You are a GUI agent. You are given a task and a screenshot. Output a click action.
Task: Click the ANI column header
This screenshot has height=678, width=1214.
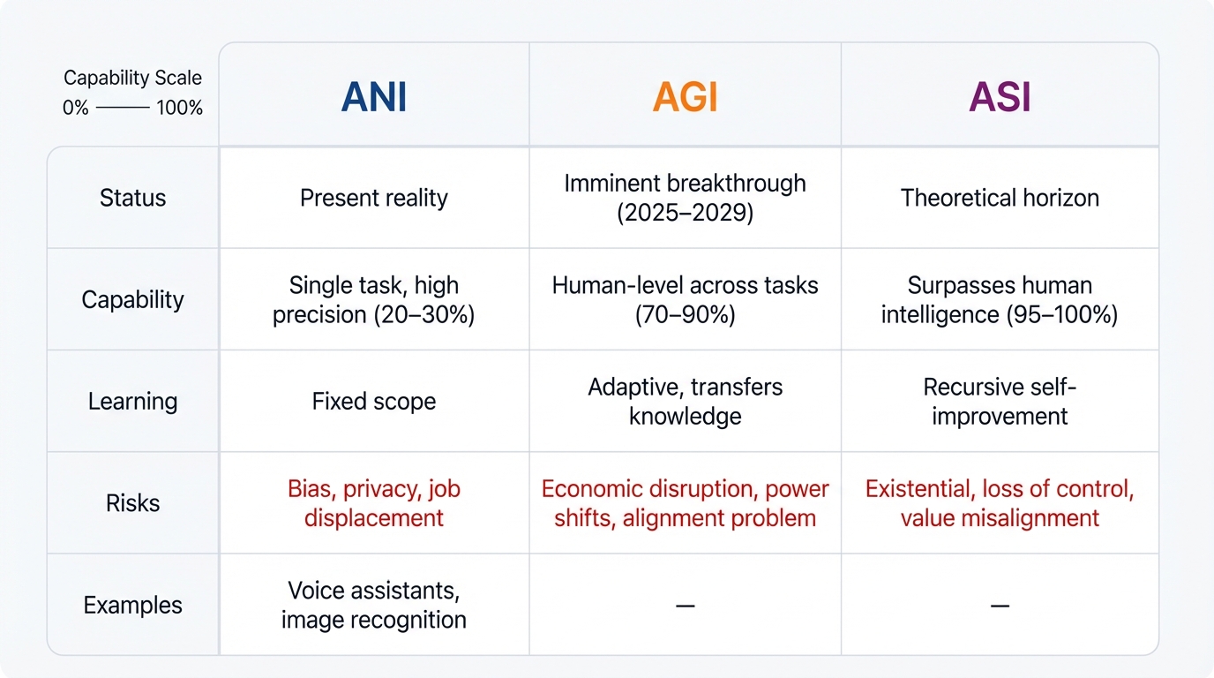point(374,97)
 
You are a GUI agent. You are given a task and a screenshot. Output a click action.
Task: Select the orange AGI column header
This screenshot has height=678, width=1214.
point(686,97)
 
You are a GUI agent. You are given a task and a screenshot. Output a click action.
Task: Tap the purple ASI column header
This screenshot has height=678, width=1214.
point(1000,97)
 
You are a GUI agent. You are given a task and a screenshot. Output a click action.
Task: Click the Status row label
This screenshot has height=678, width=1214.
point(132,198)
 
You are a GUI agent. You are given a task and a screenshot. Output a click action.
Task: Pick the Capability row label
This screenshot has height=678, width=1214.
point(132,299)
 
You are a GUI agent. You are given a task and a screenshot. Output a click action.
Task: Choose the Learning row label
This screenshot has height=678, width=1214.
point(132,402)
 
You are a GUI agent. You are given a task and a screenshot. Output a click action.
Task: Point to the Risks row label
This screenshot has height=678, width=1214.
point(132,503)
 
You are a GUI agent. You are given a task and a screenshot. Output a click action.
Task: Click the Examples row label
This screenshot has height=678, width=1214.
point(132,606)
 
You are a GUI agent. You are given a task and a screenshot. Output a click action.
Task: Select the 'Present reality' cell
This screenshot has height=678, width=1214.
point(374,198)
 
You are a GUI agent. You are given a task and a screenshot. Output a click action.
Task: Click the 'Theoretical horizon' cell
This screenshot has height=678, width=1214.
point(1000,198)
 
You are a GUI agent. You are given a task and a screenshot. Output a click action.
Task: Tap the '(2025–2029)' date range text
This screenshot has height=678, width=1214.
point(686,214)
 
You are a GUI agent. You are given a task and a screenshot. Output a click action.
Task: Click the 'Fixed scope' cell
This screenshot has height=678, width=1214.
point(374,402)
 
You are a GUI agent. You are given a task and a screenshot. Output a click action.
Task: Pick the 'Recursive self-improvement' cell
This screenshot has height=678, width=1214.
point(1000,402)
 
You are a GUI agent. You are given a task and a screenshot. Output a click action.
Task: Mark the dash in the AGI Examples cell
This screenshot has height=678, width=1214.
point(686,606)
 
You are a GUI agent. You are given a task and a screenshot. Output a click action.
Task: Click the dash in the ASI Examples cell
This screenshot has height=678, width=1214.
point(1000,606)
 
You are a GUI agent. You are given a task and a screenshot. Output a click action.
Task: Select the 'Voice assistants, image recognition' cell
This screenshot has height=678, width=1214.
point(374,605)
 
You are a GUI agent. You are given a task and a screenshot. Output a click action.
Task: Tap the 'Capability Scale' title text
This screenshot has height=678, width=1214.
point(132,79)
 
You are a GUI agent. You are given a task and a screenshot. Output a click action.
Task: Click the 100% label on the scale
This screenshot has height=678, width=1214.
point(179,109)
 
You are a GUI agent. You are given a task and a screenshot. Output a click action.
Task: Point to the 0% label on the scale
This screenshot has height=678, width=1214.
point(76,109)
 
